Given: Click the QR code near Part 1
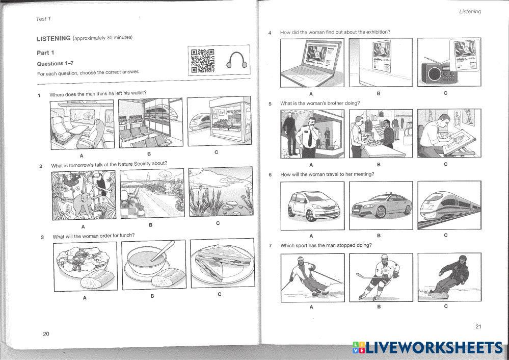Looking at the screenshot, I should coord(202,60).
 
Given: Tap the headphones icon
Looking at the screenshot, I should coord(236,60).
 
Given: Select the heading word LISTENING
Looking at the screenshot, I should coord(53,38).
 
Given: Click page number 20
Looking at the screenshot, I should coord(46,333).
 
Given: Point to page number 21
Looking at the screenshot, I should coord(478,327).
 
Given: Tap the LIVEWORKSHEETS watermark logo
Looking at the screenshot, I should coord(427,348).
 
